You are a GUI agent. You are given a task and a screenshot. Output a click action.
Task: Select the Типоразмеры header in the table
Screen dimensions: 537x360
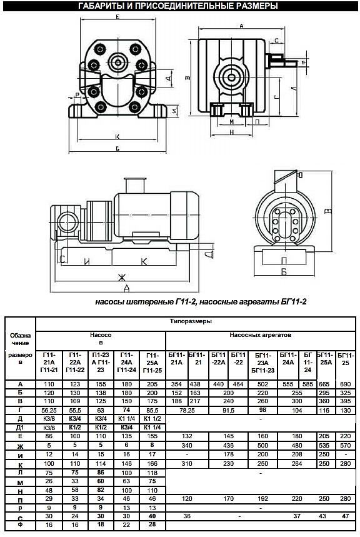click(190, 321)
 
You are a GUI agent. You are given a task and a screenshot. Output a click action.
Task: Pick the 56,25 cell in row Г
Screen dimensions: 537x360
click(49, 409)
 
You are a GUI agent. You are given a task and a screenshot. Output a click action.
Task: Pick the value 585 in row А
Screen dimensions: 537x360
click(307, 383)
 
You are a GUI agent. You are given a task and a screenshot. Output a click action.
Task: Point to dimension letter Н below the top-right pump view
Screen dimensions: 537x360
click(231, 133)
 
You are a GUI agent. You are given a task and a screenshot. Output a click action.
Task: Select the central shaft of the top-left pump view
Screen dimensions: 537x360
click(117, 61)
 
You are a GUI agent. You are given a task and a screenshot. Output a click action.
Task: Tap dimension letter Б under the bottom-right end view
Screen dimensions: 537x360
click(284, 272)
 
